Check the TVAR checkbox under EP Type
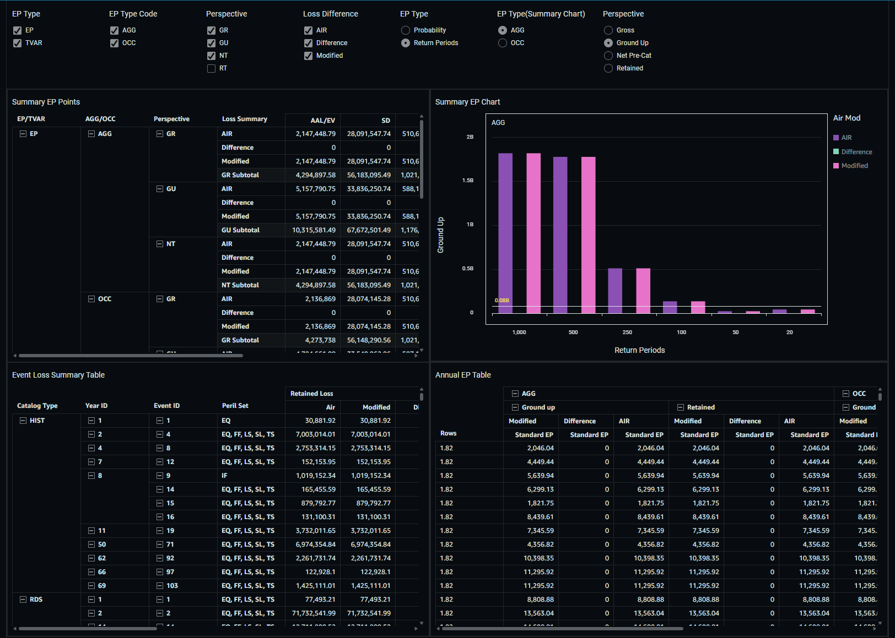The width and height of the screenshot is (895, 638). [18, 43]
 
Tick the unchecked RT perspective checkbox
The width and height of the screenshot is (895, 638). [211, 68]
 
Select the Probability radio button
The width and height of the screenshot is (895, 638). [406, 30]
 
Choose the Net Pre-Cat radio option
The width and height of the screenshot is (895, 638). [608, 56]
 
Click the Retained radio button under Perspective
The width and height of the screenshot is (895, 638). [608, 68]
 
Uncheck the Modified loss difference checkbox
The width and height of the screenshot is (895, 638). [308, 56]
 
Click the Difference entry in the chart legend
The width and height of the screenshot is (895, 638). [856, 152]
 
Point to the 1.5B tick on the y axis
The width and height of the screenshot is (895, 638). [467, 181]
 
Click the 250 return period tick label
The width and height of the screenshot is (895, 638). [627, 332]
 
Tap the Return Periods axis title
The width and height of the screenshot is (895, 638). [639, 350]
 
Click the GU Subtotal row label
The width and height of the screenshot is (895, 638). [240, 230]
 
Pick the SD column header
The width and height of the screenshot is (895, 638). [385, 121]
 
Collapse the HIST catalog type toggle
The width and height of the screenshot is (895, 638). [23, 421]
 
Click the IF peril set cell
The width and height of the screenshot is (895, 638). [224, 476]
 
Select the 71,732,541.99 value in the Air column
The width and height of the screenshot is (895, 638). [314, 613]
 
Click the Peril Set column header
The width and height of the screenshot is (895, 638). [235, 406]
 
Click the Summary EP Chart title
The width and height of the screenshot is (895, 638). [467, 102]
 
